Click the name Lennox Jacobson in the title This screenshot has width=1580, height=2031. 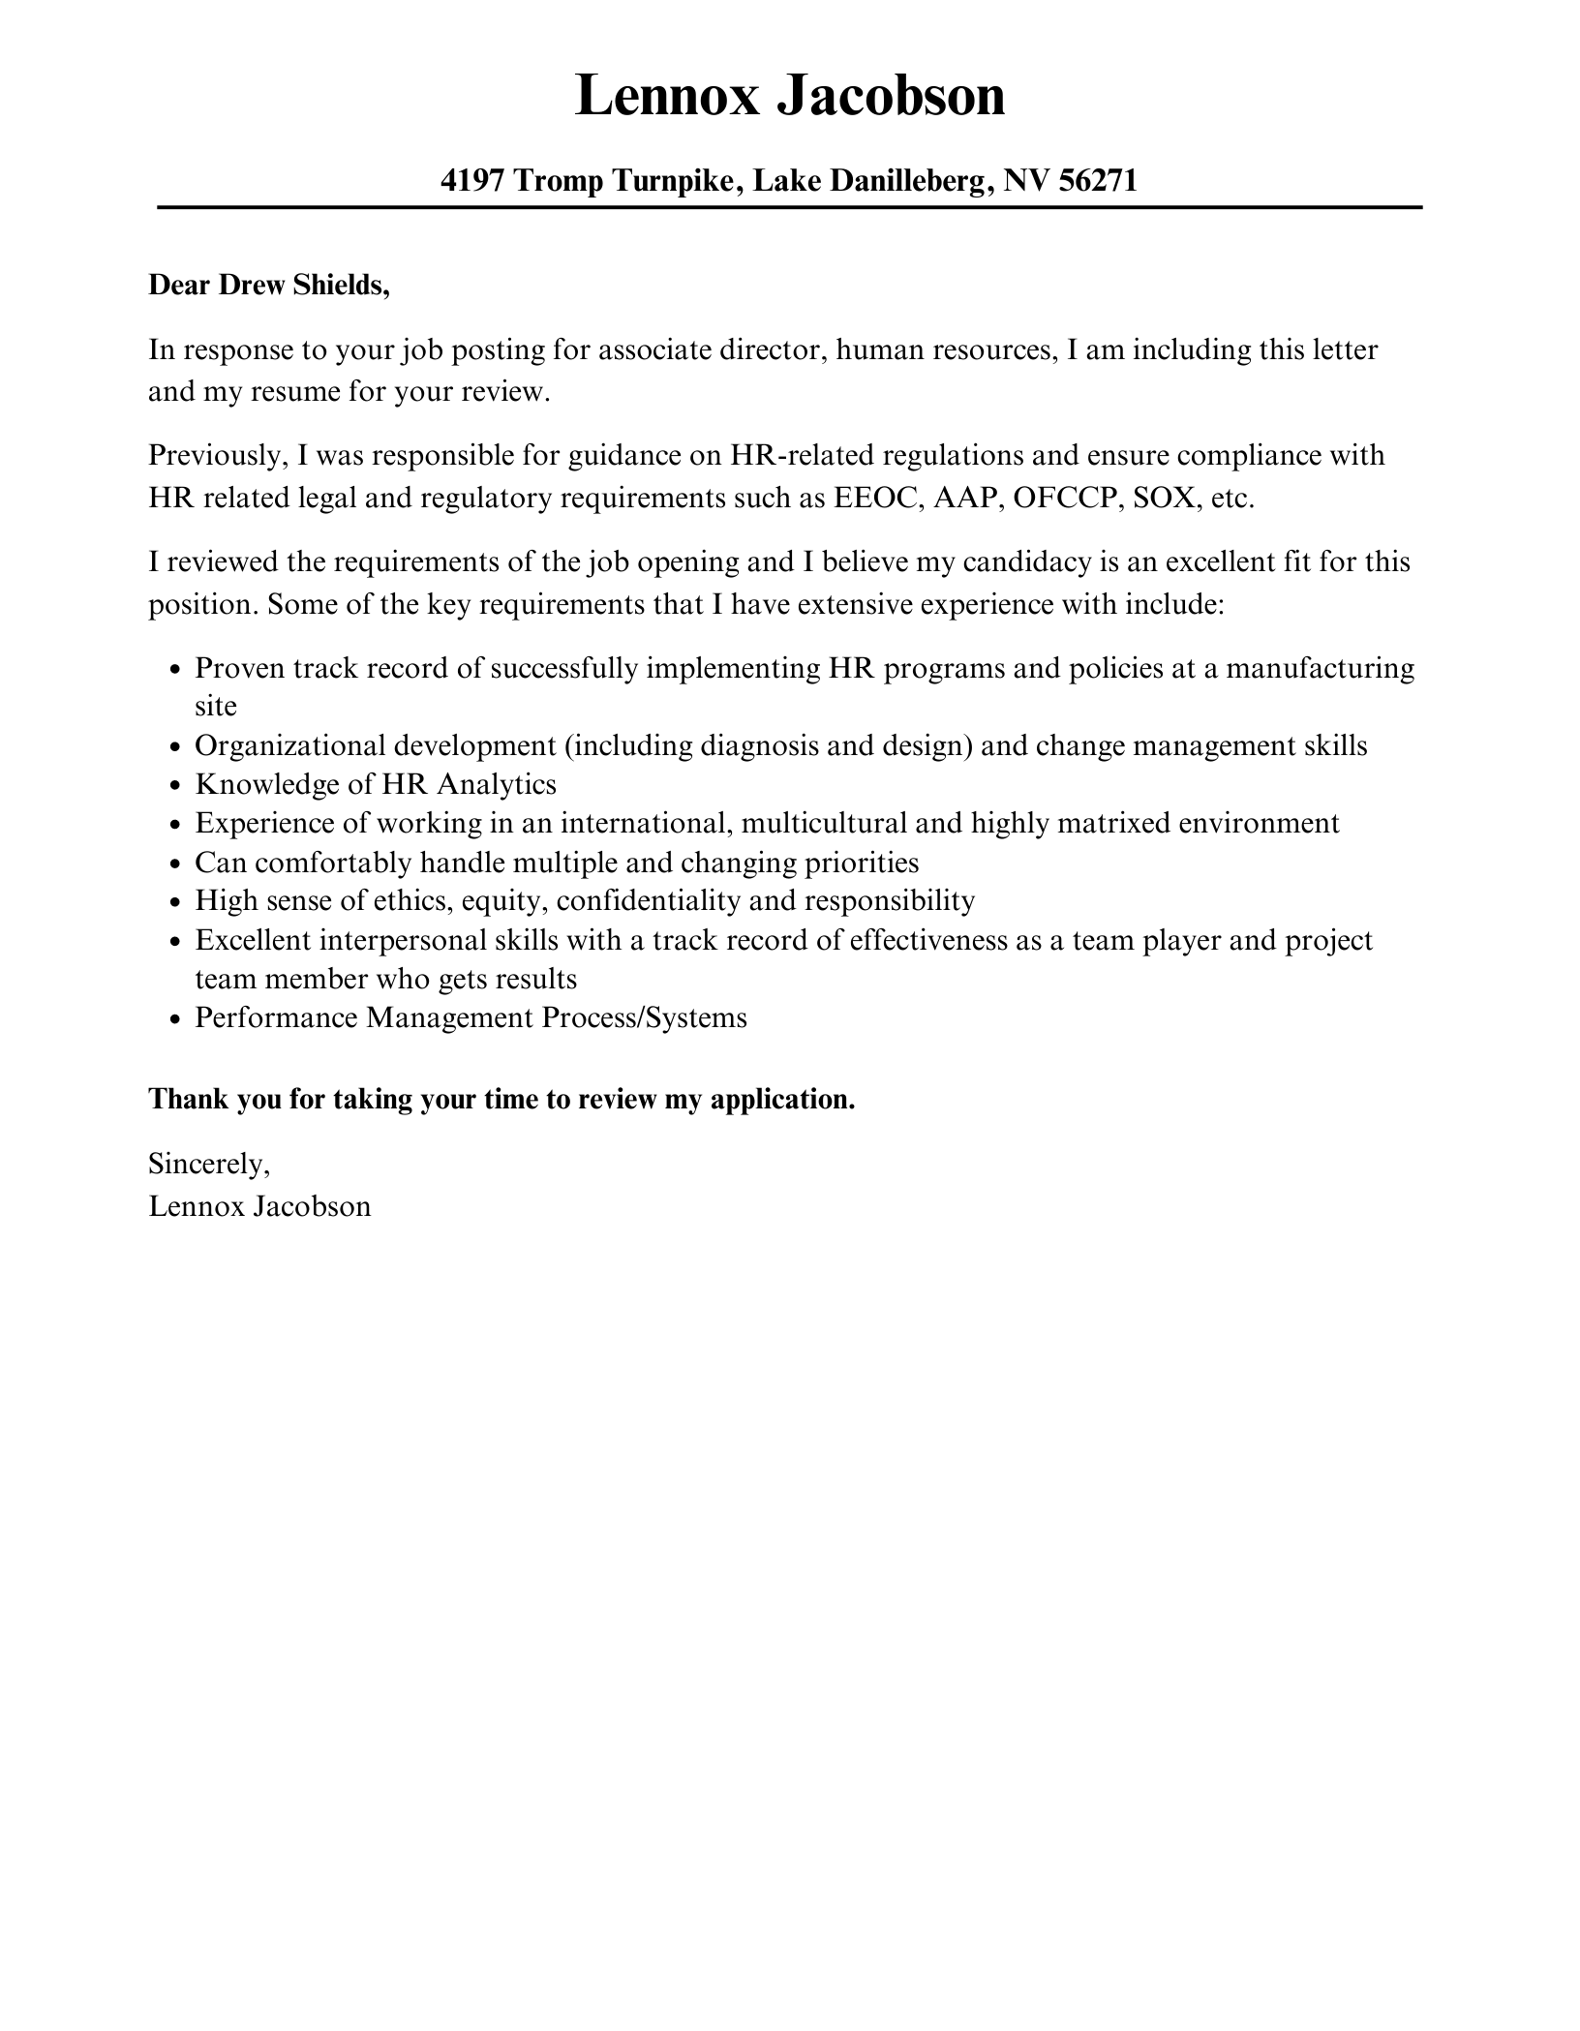789,97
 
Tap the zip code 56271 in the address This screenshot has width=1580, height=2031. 1097,180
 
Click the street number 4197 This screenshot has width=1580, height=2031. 471,180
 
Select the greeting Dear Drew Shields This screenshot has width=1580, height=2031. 268,286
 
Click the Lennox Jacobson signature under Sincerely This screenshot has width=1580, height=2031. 259,1206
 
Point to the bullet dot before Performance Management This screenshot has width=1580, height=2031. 175,1019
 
